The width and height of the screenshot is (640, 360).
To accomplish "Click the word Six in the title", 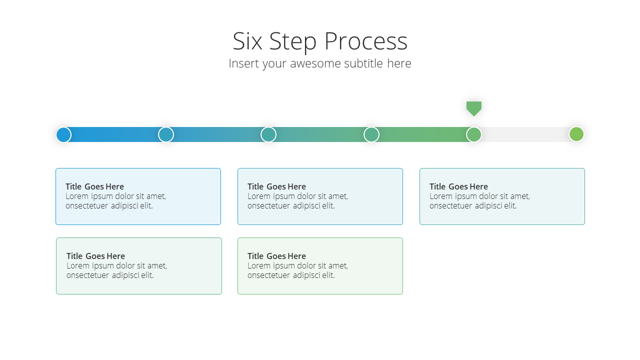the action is pyautogui.click(x=247, y=41).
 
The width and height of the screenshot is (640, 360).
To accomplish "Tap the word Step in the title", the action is pyautogui.click(x=293, y=42).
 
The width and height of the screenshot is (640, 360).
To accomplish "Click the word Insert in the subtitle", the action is pyautogui.click(x=243, y=63).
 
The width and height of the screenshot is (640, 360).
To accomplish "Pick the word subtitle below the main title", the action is pyautogui.click(x=363, y=63).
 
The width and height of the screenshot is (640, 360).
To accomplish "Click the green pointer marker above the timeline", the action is pyautogui.click(x=474, y=108).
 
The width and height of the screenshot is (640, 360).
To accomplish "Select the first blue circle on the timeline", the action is pyautogui.click(x=63, y=134).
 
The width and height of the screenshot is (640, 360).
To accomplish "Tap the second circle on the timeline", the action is pyautogui.click(x=166, y=134).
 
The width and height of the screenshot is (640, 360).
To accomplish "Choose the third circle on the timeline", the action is pyautogui.click(x=268, y=134).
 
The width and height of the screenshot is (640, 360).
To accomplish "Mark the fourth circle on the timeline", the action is pyautogui.click(x=371, y=134).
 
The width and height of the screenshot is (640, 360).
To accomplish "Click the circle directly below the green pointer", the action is pyautogui.click(x=474, y=134).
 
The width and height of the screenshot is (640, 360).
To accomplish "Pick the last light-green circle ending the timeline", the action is pyautogui.click(x=576, y=134).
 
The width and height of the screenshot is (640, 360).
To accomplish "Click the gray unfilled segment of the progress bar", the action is pyautogui.click(x=525, y=134).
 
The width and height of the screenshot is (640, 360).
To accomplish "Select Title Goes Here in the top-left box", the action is pyautogui.click(x=95, y=186).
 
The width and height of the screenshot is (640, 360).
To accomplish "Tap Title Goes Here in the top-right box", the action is pyautogui.click(x=458, y=186).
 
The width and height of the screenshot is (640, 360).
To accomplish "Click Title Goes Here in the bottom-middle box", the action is pyautogui.click(x=276, y=256).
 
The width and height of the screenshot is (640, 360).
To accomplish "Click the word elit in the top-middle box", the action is pyautogui.click(x=328, y=205).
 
